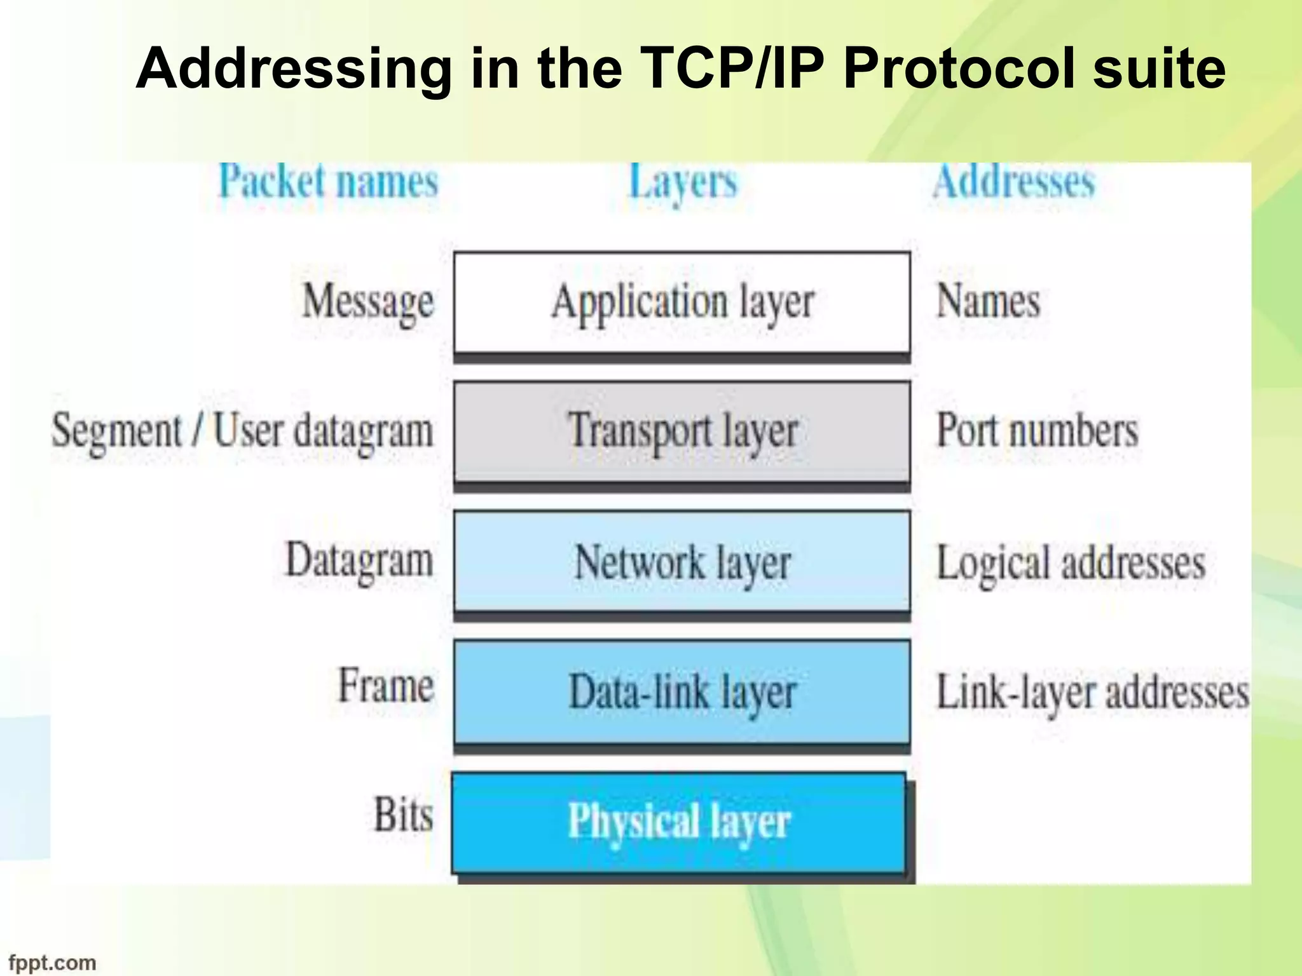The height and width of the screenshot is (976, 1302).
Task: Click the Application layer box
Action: (x=682, y=302)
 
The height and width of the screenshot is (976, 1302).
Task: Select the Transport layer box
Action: (x=682, y=431)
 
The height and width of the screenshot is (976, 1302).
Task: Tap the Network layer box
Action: (x=682, y=562)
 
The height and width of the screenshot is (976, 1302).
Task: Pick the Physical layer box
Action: (x=679, y=822)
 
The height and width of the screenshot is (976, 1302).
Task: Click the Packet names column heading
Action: (x=329, y=182)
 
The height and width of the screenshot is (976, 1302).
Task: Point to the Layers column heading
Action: (x=683, y=183)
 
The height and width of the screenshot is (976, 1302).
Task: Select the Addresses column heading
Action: (x=1014, y=182)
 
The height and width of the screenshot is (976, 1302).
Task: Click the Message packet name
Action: (x=368, y=302)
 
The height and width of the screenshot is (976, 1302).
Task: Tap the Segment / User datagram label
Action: (x=242, y=431)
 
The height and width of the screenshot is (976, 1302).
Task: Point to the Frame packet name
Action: (x=386, y=686)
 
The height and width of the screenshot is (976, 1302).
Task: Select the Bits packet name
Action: (x=403, y=815)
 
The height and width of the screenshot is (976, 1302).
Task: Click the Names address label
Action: (x=989, y=301)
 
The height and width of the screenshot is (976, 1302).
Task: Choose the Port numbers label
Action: (x=1038, y=431)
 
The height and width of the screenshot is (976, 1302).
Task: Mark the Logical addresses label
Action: (x=1071, y=563)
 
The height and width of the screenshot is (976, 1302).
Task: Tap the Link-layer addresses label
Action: (x=1093, y=693)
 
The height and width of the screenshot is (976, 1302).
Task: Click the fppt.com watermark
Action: (x=52, y=963)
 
